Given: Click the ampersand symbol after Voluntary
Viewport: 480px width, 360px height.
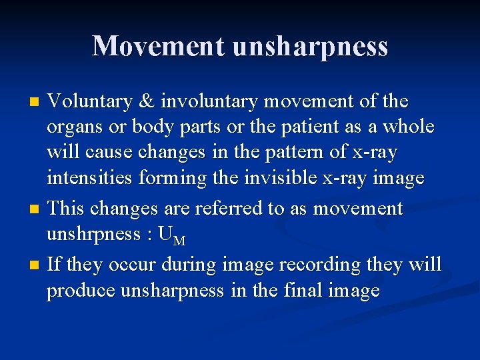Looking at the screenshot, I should (144, 102).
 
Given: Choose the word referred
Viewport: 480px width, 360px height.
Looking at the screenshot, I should (227, 209).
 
